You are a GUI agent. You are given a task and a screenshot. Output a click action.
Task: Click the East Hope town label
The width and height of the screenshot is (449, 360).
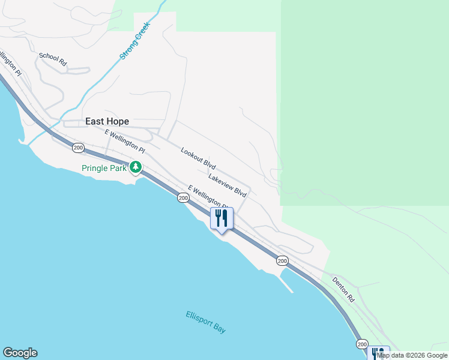click(x=107, y=121)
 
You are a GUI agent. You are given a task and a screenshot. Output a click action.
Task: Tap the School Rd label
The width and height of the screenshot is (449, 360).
click(x=53, y=58)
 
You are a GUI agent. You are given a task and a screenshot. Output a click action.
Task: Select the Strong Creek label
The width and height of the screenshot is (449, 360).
click(x=134, y=41)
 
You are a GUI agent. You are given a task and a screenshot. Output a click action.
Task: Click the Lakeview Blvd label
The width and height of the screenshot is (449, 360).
click(x=228, y=185)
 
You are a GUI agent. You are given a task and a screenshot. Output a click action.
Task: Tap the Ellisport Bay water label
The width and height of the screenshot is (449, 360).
click(x=206, y=322)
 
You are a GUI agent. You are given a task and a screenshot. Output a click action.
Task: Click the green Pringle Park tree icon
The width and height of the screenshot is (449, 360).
click(x=136, y=167)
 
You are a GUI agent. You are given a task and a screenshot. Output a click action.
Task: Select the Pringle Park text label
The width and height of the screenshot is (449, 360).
click(x=104, y=169)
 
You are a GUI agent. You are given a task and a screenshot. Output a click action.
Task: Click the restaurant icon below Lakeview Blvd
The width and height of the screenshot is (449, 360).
click(x=221, y=218)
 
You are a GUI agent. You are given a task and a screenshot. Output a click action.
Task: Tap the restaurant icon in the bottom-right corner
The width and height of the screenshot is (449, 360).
click(x=378, y=353)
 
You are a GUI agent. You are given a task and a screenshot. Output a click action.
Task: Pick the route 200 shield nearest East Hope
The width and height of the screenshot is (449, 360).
click(x=77, y=147)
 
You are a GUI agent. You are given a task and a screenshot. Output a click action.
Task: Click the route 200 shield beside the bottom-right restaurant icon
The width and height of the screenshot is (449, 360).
click(x=361, y=344)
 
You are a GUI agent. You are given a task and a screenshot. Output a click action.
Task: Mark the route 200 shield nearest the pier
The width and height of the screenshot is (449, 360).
click(x=282, y=260)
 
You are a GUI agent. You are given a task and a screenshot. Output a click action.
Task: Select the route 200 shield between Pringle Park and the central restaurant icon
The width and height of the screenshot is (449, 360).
click(x=183, y=198)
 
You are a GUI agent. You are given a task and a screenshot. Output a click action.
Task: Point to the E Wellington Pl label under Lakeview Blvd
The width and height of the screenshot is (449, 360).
click(x=208, y=197)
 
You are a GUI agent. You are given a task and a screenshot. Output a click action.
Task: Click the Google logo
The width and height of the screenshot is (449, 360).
click(x=20, y=353)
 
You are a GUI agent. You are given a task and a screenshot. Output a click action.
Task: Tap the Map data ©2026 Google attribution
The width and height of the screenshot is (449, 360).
click(x=412, y=355)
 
